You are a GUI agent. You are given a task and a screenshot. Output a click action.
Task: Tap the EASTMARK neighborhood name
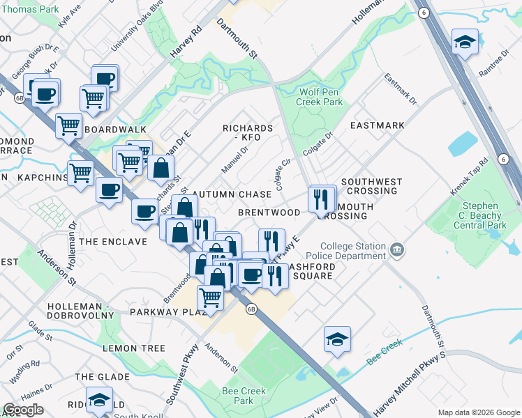(377, 125)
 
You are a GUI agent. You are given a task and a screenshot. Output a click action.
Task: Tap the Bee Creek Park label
(244, 396)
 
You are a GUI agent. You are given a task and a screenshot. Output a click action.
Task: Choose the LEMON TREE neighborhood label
(134, 348)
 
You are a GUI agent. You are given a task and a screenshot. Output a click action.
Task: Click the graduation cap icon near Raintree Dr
(465, 42)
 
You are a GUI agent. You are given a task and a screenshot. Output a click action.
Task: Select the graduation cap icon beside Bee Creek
(337, 339)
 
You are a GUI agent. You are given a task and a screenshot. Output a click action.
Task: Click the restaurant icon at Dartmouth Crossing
(321, 199)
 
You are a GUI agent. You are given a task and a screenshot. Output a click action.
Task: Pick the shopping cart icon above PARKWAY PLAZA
(210, 297)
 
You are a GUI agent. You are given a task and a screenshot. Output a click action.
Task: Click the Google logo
(24, 410)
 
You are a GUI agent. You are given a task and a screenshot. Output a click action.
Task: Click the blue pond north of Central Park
(463, 144)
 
